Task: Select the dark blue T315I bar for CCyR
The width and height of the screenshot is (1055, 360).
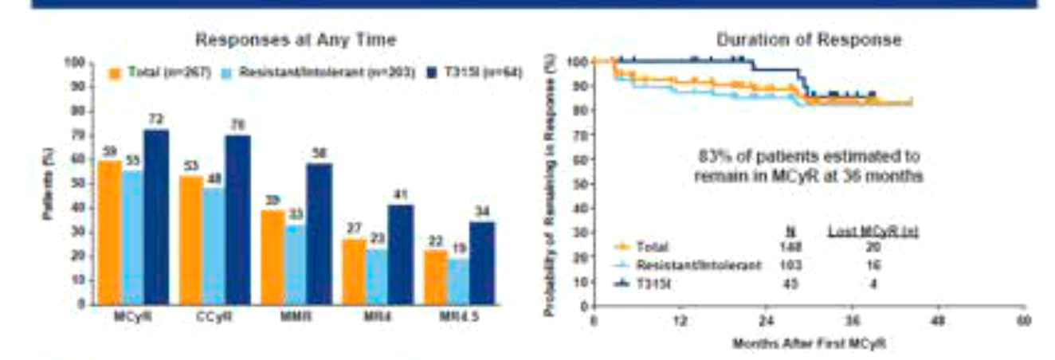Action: tap(238, 220)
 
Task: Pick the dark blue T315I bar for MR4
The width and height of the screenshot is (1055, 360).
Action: tap(402, 254)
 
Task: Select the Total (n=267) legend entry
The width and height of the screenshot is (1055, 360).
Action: tap(160, 72)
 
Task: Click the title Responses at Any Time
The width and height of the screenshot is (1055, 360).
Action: tap(296, 39)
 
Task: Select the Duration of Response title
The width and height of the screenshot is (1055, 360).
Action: tap(808, 39)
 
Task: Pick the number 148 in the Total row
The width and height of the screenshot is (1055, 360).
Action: tap(791, 248)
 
